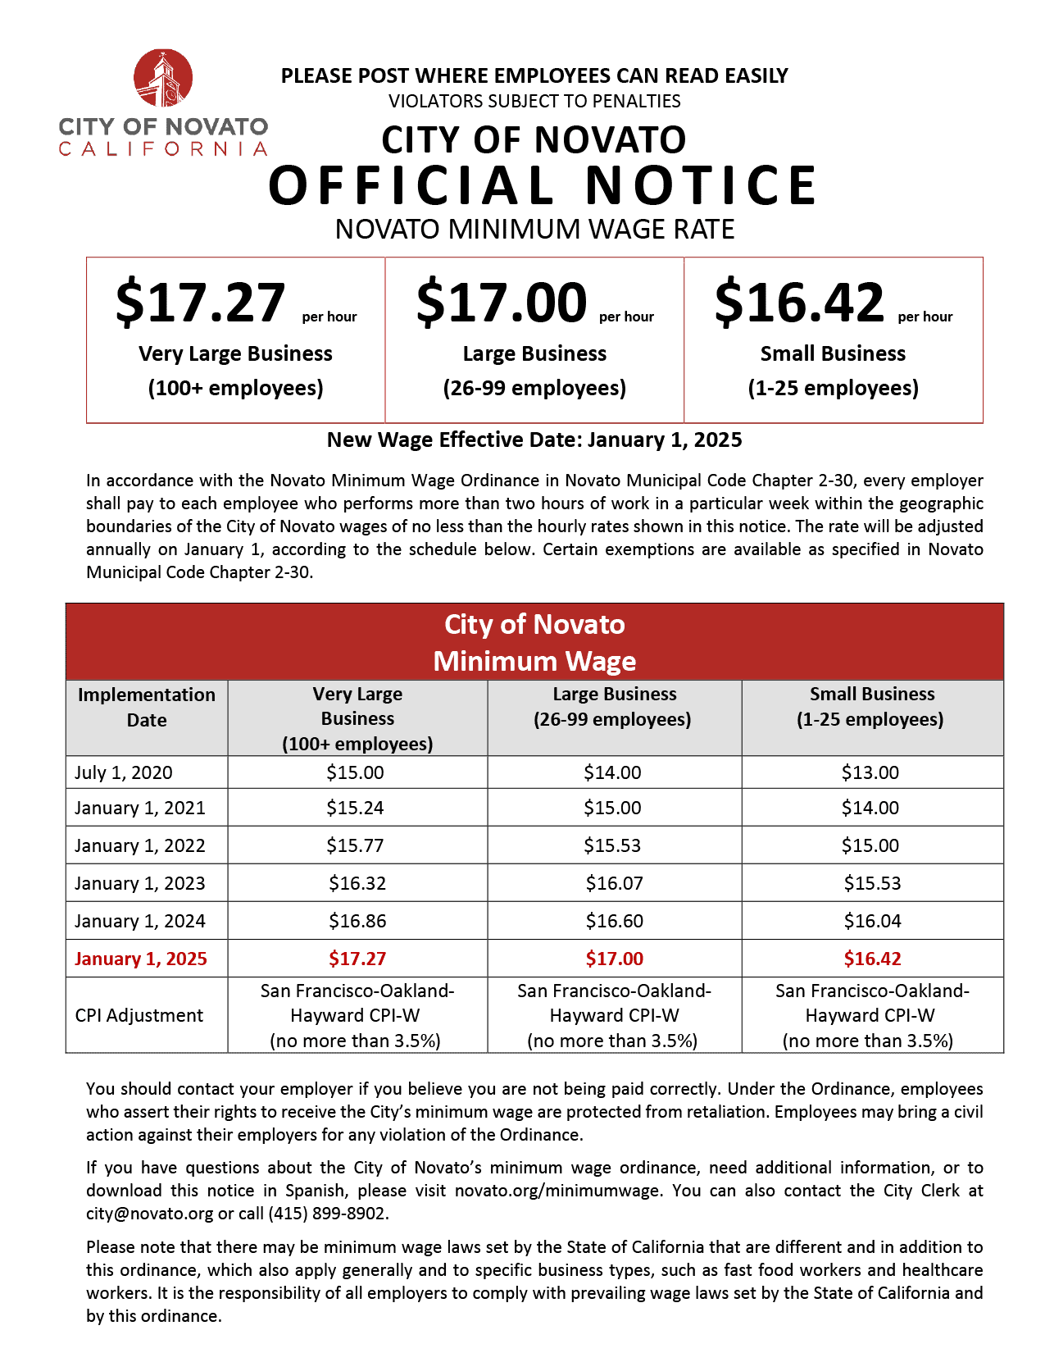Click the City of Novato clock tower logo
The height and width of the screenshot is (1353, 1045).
click(x=163, y=79)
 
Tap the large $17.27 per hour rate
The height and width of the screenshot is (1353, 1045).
click(x=201, y=303)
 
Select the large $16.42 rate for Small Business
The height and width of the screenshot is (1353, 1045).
click(x=799, y=303)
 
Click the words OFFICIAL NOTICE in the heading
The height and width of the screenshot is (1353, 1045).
click(x=543, y=185)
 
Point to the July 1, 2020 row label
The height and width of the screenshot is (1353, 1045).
click(x=124, y=772)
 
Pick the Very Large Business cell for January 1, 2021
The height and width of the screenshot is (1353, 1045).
click(x=355, y=808)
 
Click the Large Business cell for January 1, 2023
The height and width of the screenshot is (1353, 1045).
click(x=614, y=883)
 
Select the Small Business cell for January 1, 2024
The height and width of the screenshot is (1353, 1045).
click(x=872, y=921)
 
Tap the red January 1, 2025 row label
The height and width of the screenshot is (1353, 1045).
click(x=141, y=959)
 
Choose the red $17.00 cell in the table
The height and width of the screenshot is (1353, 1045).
click(x=614, y=959)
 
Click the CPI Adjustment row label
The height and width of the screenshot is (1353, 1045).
click(x=139, y=1015)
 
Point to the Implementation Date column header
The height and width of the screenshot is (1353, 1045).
click(x=147, y=707)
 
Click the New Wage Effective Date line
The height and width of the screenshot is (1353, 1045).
click(x=534, y=440)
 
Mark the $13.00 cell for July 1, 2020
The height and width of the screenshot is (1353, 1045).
click(x=870, y=772)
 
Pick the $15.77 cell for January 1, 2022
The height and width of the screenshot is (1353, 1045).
click(x=355, y=845)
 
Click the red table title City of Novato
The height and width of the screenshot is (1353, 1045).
click(x=534, y=625)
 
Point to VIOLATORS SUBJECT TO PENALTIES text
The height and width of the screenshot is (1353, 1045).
click(x=534, y=102)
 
